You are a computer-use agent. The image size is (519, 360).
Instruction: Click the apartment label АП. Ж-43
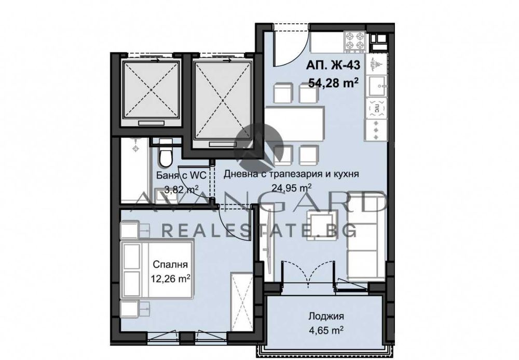(x=333, y=65)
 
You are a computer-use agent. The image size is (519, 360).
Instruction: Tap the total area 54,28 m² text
(x=334, y=83)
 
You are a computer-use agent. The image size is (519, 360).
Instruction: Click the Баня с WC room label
(x=181, y=175)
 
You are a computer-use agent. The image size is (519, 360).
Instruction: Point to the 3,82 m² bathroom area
(x=181, y=190)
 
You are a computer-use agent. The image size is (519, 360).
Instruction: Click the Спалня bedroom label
(x=170, y=264)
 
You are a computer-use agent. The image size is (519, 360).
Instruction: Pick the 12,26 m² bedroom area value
(x=170, y=279)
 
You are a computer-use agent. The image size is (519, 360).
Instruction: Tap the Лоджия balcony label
(x=326, y=316)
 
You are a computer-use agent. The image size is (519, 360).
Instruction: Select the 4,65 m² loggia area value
(x=326, y=330)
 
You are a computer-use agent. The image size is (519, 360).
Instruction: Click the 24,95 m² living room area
(x=291, y=188)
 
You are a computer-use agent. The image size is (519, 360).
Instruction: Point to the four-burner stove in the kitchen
(x=355, y=42)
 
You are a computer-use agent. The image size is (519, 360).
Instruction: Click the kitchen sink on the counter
(x=377, y=85)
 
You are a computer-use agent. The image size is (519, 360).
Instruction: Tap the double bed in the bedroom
(x=158, y=270)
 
